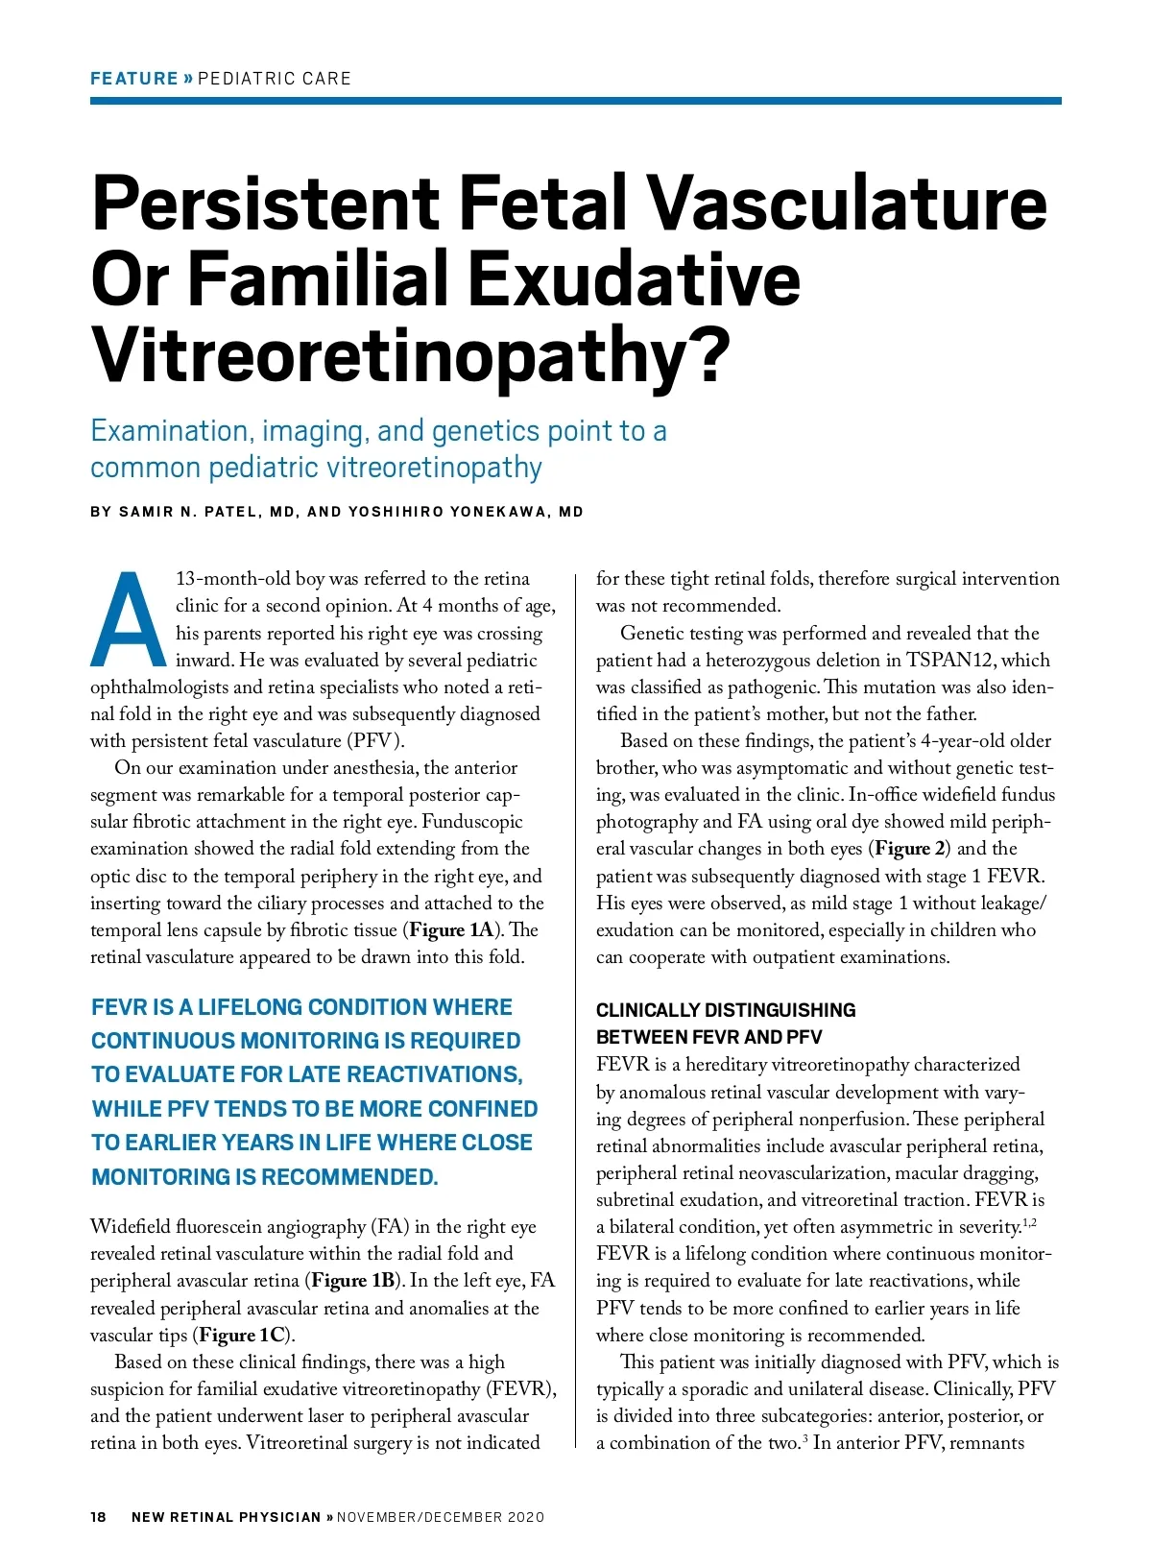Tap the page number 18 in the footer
[x=98, y=1517]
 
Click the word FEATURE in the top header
[x=134, y=79]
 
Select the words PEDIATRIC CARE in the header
[x=275, y=79]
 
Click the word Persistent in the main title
[x=266, y=204]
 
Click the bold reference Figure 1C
[x=243, y=1336]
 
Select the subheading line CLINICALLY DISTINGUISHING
[x=726, y=1010]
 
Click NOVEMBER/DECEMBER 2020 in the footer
[x=440, y=1517]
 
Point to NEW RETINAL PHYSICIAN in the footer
[x=226, y=1517]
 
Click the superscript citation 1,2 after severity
[x=1029, y=1222]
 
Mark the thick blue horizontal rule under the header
[x=576, y=101]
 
